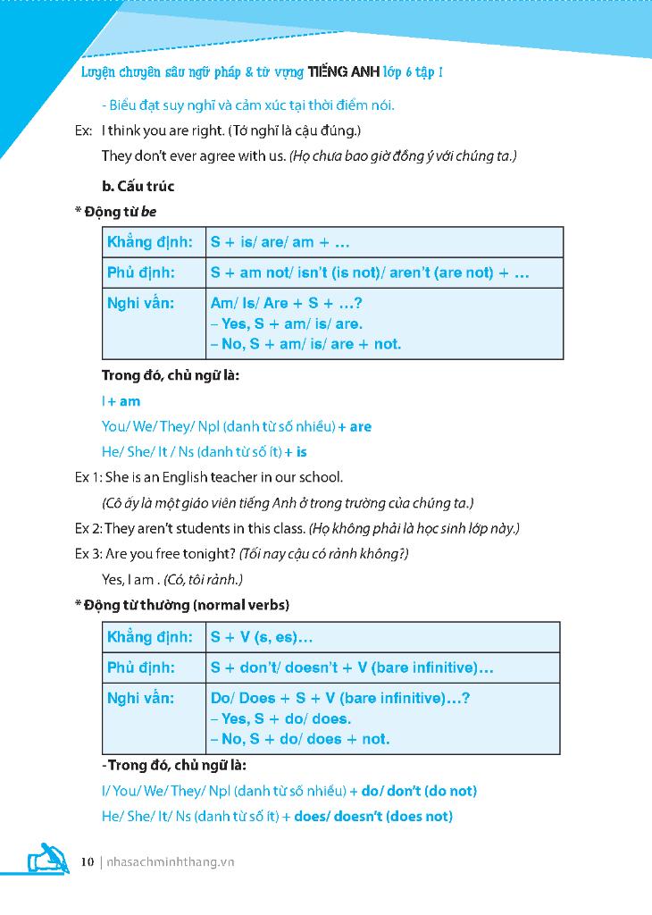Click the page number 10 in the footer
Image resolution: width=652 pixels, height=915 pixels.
[x=87, y=862]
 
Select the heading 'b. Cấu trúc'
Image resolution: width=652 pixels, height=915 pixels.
[x=138, y=186]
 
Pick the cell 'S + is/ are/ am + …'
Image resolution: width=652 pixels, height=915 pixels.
[x=280, y=242]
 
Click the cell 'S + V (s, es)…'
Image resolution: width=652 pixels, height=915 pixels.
[x=262, y=637]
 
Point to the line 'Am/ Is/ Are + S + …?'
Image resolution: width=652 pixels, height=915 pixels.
[x=286, y=303]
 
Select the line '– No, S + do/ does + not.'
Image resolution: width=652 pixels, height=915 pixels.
[x=300, y=739]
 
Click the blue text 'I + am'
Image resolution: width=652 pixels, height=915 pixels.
[x=121, y=401]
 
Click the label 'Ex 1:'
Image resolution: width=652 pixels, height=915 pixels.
[x=88, y=477]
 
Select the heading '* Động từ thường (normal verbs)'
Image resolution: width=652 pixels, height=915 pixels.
[x=182, y=605]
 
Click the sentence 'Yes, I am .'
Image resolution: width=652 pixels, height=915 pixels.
[x=130, y=579]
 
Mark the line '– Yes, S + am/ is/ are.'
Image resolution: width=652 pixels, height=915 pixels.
[x=287, y=323]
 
